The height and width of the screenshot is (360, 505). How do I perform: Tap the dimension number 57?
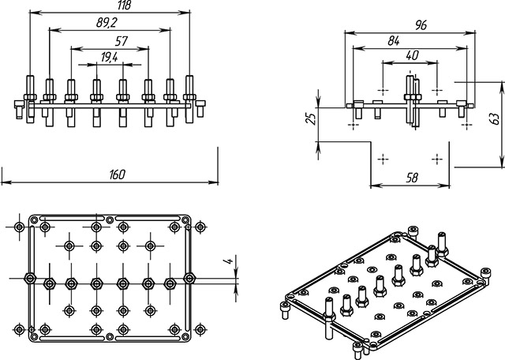[x=121, y=40]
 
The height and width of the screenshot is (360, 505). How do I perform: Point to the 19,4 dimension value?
[x=110, y=57]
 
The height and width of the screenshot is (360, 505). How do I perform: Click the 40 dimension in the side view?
[x=410, y=55]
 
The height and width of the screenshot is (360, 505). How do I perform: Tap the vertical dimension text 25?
[x=310, y=118]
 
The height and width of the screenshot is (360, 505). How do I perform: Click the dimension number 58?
[x=411, y=178]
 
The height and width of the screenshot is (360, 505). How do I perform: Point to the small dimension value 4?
[x=227, y=261]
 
